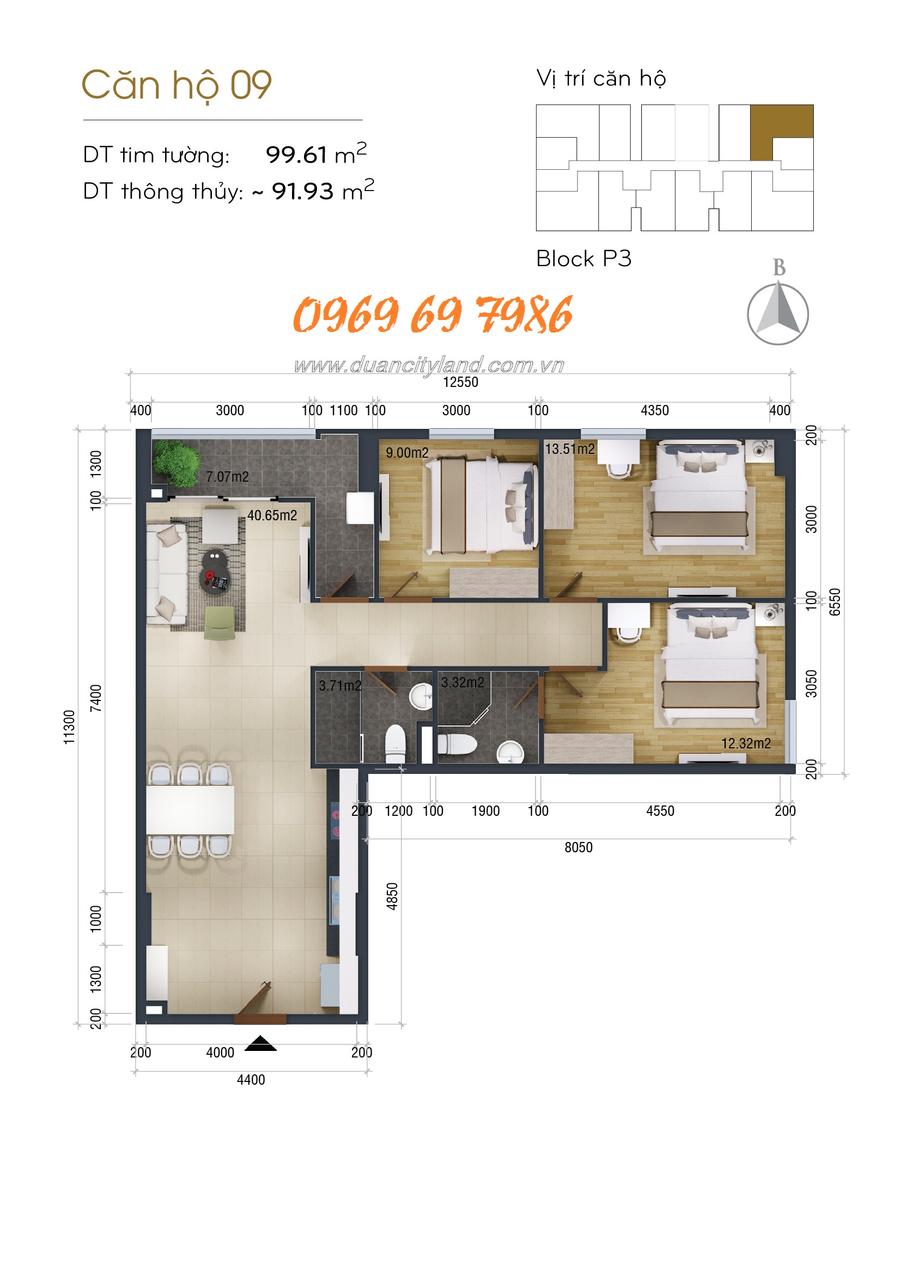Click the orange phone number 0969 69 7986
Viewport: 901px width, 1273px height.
tap(433, 315)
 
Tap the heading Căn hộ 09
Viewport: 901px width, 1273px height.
tap(176, 85)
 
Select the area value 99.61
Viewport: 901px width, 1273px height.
tap(296, 155)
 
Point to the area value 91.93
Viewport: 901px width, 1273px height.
tap(302, 191)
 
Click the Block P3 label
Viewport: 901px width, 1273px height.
tap(583, 259)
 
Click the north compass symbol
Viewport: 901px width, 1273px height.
tap(778, 312)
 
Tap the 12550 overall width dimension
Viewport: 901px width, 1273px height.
tap(460, 382)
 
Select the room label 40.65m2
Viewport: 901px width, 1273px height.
tap(272, 515)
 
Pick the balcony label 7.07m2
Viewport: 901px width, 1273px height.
tap(228, 477)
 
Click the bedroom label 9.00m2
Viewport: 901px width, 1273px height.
tap(407, 453)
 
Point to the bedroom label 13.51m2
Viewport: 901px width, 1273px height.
tap(570, 449)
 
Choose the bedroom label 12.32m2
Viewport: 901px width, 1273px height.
tap(746, 743)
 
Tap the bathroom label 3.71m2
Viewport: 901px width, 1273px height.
tap(340, 686)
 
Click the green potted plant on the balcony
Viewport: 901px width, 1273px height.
tap(176, 463)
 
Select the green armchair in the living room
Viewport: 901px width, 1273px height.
tap(220, 623)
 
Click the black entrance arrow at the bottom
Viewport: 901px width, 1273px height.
tap(260, 1043)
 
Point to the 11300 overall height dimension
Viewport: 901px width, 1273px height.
tap(69, 727)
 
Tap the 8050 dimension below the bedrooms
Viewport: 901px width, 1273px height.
tap(579, 848)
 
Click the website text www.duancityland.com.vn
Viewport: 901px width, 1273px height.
tap(429, 365)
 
